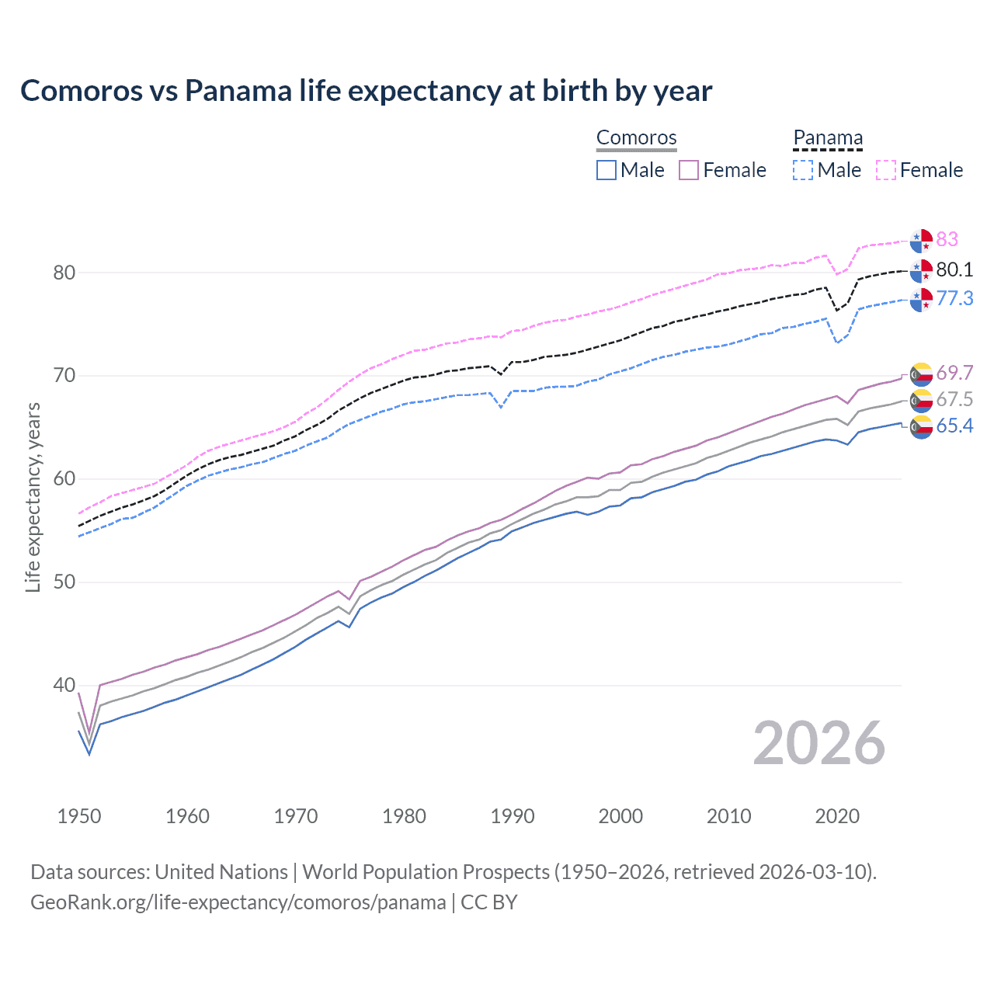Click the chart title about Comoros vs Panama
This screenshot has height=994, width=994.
[366, 91]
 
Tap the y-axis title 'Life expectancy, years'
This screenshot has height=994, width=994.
[33, 497]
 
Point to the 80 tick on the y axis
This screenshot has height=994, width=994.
[64, 273]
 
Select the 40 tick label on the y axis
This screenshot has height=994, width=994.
[64, 685]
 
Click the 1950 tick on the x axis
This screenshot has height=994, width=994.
[79, 816]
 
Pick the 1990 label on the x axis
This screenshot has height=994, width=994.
[513, 816]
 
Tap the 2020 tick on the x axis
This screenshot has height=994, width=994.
[837, 816]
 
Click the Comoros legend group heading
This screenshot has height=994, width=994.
[637, 137]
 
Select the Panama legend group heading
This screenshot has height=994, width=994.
[828, 137]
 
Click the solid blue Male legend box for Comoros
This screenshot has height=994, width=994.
[606, 170]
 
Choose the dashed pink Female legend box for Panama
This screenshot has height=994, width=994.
[886, 170]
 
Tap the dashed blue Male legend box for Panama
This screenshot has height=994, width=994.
[803, 170]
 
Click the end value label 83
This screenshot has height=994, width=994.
[947, 239]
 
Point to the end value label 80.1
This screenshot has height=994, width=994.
[954, 269]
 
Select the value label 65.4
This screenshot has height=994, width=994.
[954, 426]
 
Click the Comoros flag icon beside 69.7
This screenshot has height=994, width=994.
[921, 374]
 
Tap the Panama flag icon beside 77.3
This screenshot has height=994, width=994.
[921, 299]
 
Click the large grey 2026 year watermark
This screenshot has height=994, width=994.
[819, 743]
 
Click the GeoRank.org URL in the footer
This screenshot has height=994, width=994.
[238, 902]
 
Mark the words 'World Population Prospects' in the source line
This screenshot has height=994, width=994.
[426, 872]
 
